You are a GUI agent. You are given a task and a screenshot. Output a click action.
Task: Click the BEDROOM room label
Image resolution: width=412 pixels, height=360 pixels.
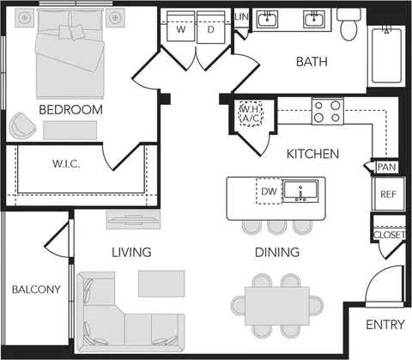[x=70, y=110]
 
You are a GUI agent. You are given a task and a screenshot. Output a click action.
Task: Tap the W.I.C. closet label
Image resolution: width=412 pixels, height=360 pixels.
[x=66, y=164]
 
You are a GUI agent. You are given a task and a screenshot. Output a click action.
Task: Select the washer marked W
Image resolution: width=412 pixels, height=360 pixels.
[x=181, y=27]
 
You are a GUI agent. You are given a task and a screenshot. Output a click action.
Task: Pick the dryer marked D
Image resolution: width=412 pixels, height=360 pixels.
[x=211, y=27]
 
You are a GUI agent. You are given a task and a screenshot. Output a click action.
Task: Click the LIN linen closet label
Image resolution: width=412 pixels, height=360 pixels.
[x=241, y=17]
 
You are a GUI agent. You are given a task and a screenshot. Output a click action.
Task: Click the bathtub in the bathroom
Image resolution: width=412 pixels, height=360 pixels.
[x=386, y=56]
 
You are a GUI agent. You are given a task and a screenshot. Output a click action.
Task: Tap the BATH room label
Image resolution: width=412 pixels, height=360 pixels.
[x=312, y=62]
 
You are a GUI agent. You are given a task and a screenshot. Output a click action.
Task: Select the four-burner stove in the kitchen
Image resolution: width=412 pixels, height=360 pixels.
[x=328, y=112]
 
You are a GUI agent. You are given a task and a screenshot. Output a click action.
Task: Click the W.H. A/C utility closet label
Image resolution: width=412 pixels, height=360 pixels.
[x=251, y=113]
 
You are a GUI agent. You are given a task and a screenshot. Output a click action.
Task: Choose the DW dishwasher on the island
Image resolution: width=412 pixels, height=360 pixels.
[x=270, y=191]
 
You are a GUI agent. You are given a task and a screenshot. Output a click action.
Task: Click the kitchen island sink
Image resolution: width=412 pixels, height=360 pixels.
[x=300, y=191]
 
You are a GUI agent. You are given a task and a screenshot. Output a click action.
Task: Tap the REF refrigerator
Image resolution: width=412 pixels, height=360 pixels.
[x=389, y=194]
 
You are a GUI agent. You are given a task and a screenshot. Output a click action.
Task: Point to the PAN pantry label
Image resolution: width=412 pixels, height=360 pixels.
[x=387, y=167]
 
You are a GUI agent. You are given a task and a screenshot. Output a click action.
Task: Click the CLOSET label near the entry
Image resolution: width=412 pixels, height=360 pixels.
[x=389, y=235]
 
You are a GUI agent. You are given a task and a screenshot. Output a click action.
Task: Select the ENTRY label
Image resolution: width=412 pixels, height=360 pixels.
[x=385, y=325]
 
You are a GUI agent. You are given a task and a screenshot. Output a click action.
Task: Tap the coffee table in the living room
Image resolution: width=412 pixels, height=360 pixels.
[x=161, y=284]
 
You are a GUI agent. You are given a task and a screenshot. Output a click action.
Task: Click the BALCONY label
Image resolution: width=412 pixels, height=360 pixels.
[x=36, y=290]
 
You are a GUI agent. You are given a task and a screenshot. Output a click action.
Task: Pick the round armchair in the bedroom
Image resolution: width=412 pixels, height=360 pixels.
[x=21, y=126]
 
